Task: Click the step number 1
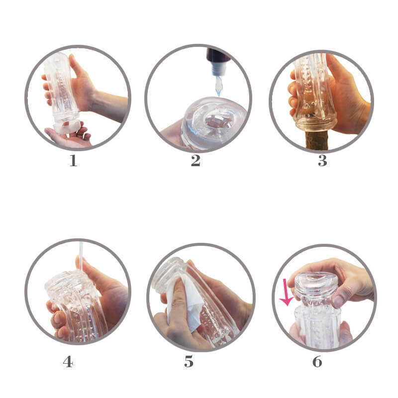(73, 161)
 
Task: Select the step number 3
(322, 161)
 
